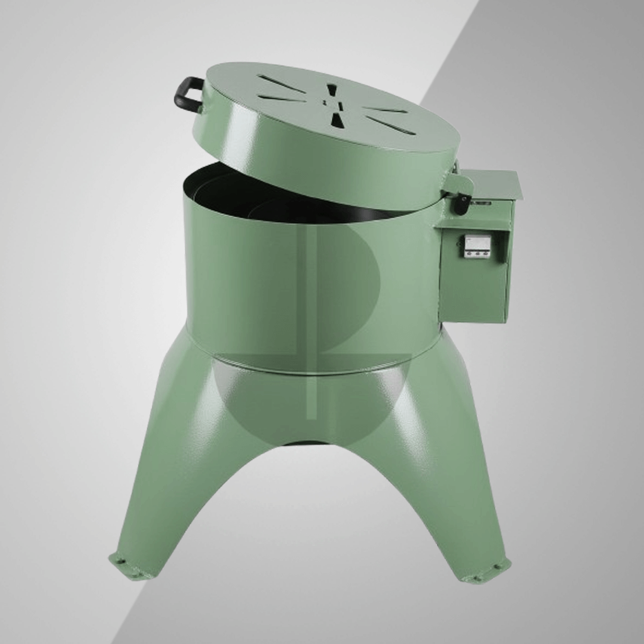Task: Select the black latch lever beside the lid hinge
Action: pyautogui.click(x=462, y=203)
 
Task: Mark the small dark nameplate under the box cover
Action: pyautogui.click(x=482, y=203)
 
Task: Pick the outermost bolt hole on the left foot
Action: pyautogui.click(x=115, y=558)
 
